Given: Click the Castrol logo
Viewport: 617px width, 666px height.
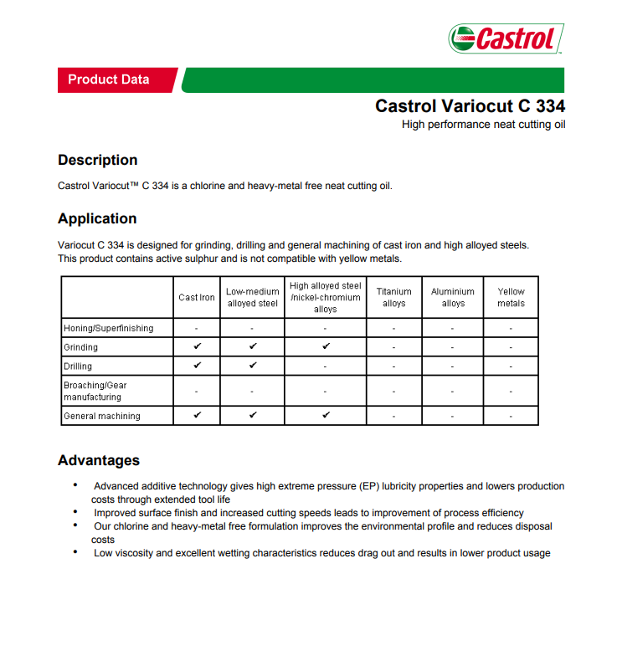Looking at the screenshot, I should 506,38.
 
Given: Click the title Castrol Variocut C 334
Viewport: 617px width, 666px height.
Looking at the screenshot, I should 470,106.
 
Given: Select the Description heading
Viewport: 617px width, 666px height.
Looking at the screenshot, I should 97,160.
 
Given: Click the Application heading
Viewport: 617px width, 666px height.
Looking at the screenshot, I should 97,218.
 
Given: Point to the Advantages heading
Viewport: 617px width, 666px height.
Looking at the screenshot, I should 99,460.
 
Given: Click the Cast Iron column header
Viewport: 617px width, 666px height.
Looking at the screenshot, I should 197,297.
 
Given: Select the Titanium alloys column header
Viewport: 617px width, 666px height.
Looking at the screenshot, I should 394,297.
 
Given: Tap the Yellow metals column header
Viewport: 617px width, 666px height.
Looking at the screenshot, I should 511,297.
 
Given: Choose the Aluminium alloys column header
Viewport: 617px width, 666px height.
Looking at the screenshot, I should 453,297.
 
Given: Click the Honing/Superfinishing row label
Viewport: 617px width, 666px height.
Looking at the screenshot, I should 109,328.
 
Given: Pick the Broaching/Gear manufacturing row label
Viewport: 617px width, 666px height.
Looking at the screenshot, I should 95,391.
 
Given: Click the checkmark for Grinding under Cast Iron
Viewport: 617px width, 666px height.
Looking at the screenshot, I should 197,346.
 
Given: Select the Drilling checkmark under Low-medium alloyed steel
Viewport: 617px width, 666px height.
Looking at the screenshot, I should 253,366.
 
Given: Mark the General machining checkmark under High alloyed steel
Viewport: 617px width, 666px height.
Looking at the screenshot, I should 326,415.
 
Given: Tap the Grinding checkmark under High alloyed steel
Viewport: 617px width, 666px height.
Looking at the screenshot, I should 326,346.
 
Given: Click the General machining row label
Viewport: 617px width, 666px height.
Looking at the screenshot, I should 102,416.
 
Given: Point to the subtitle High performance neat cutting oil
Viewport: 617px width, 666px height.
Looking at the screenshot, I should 483,125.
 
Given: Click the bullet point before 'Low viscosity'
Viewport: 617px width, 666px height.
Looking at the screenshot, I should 75,552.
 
